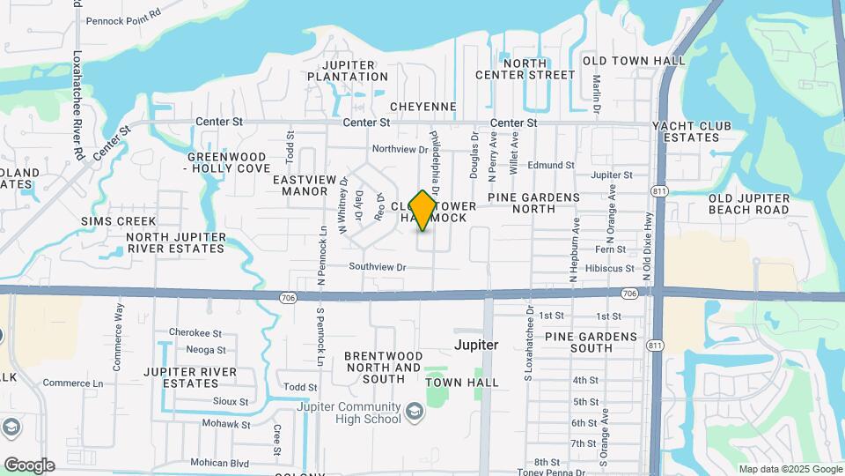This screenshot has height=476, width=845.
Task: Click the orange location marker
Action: click(x=423, y=211)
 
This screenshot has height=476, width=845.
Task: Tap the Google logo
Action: click(x=29, y=465)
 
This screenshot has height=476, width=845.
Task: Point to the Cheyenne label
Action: click(x=422, y=107)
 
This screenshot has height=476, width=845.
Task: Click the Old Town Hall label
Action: click(x=634, y=60)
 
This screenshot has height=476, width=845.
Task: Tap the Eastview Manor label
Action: click(x=305, y=184)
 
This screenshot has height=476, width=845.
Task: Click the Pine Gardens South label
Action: click(x=591, y=342)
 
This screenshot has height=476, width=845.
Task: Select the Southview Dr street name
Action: click(x=377, y=266)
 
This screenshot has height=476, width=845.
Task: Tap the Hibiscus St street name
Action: click(x=609, y=268)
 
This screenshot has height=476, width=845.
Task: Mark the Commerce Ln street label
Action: click(x=73, y=383)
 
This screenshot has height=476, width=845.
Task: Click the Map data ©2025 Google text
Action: click(x=790, y=469)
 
